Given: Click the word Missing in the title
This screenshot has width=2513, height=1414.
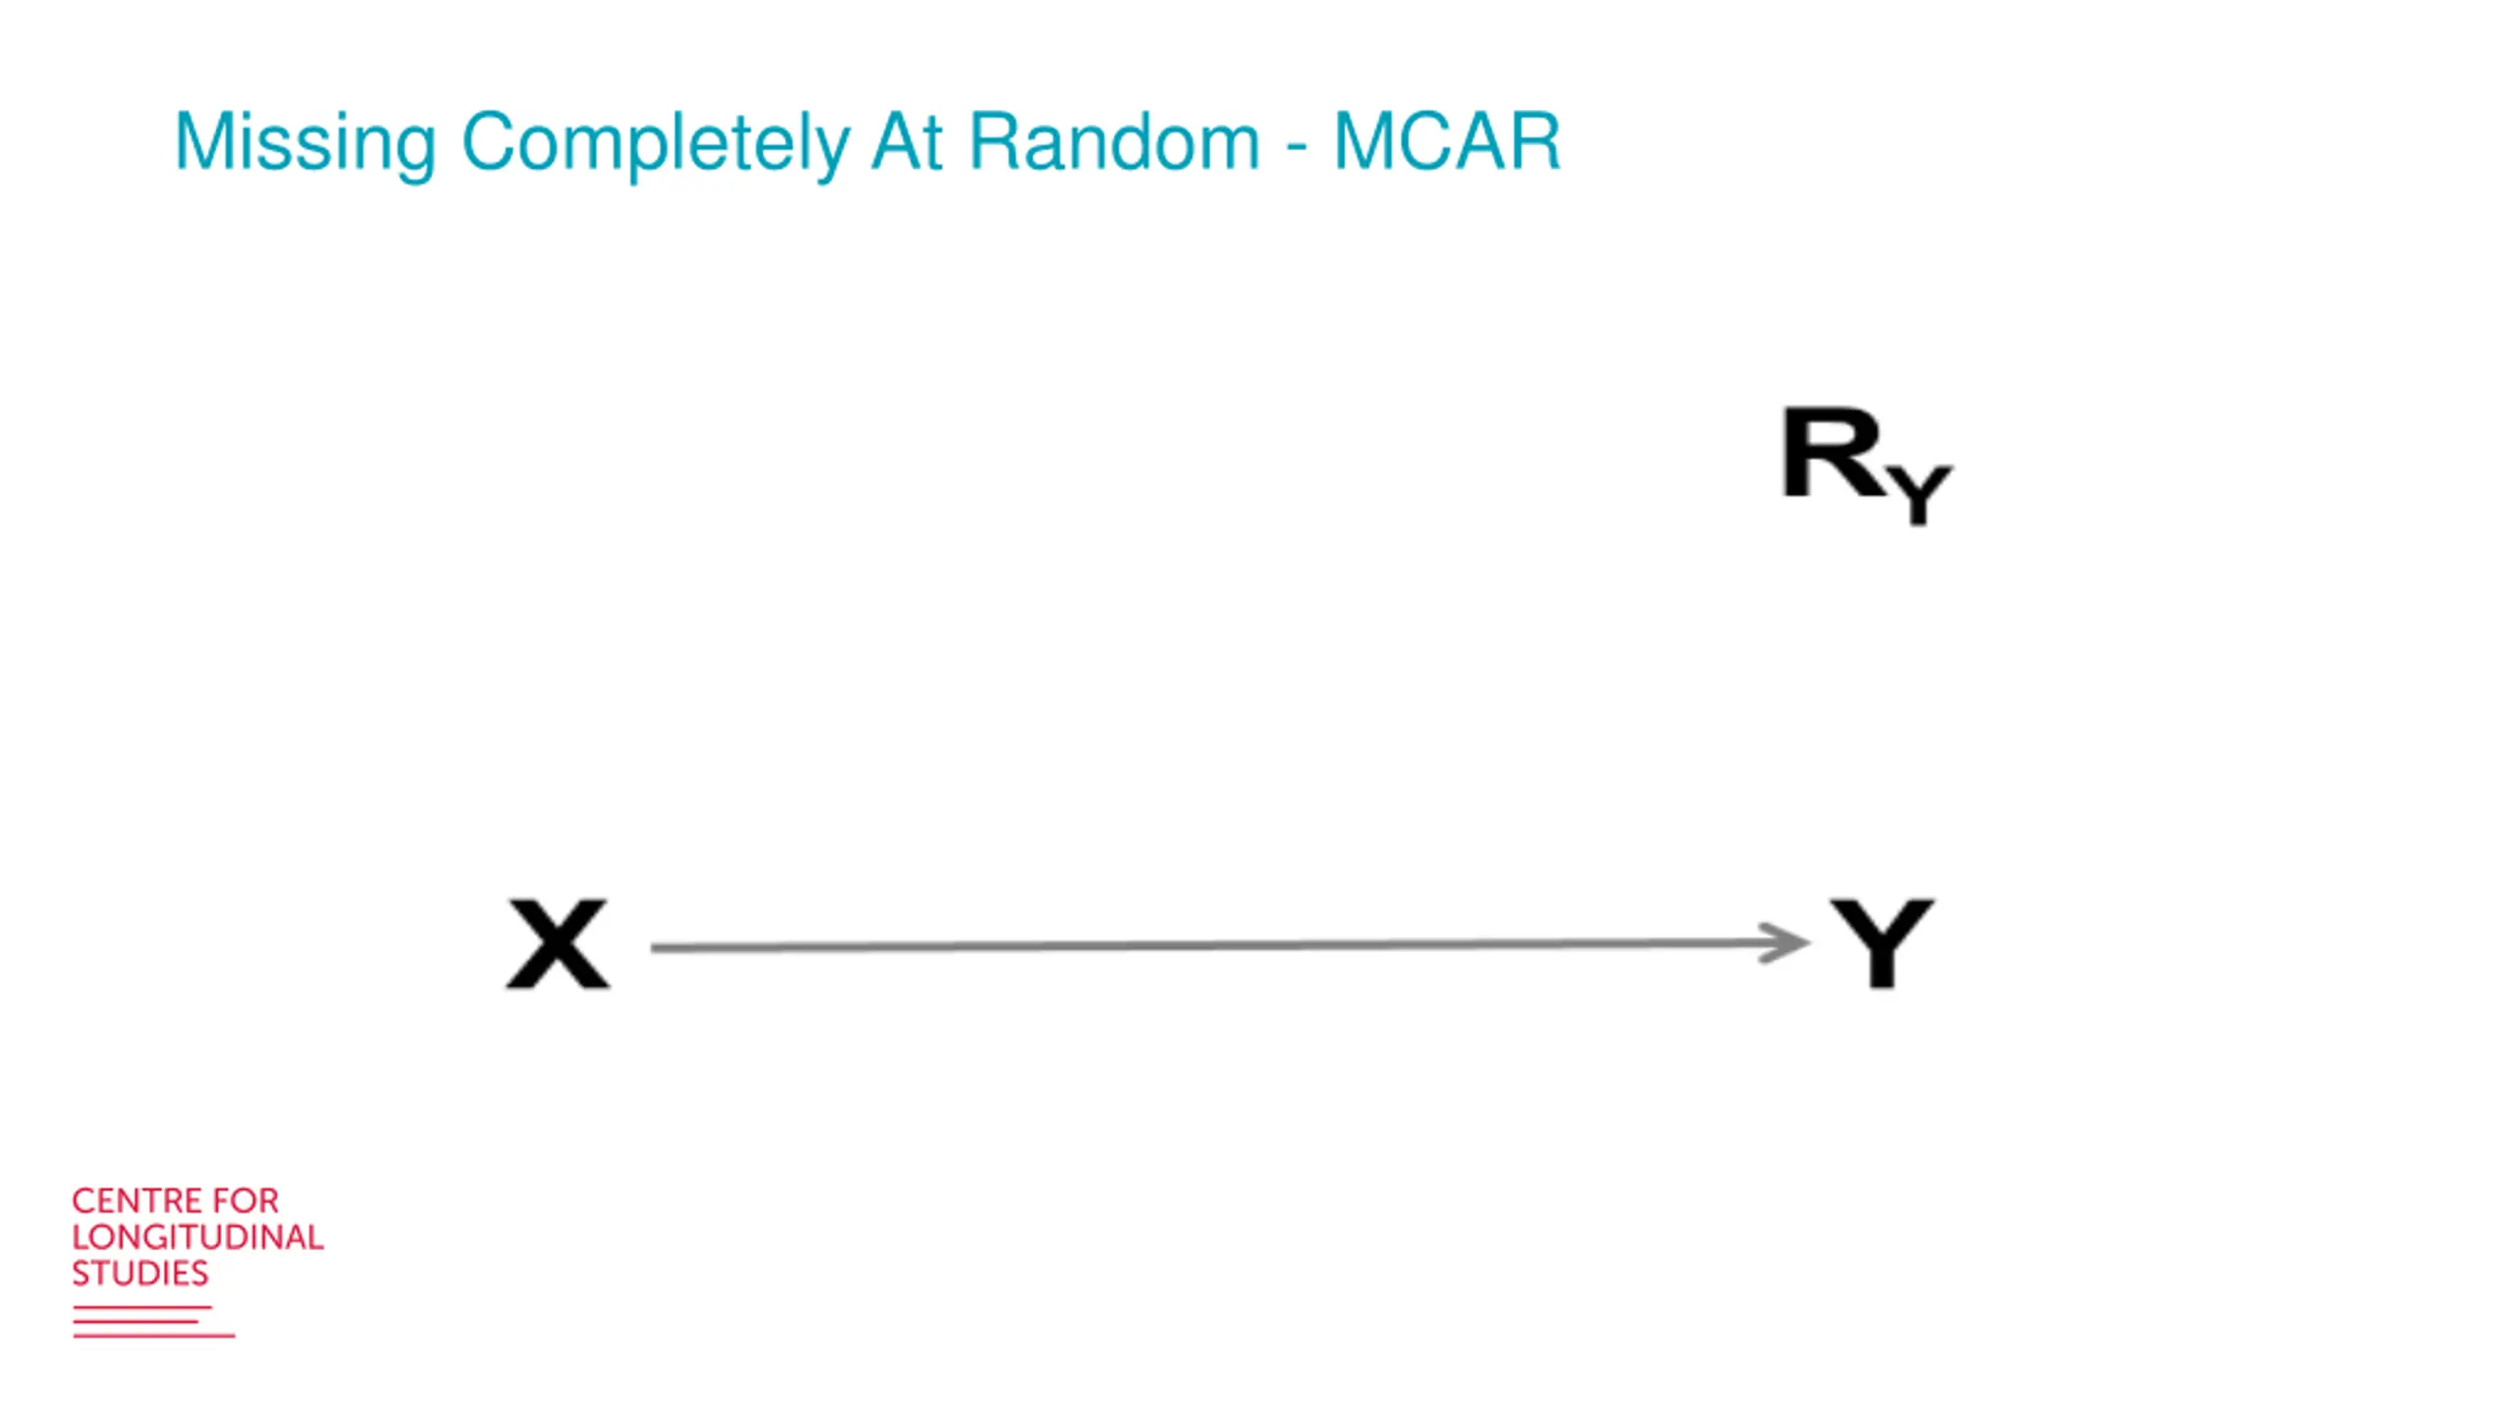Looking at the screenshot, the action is tap(304, 143).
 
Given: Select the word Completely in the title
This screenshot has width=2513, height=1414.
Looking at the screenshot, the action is tap(655, 143).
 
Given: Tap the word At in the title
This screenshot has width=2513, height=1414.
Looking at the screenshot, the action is tap(907, 143).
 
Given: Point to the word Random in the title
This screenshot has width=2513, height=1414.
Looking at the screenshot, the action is tap(1113, 143).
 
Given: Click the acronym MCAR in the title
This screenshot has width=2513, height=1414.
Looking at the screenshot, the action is tap(1446, 143).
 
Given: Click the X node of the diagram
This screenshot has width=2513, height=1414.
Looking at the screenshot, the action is tap(558, 944).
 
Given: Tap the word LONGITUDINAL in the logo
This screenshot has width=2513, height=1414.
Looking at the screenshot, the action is tap(197, 1237).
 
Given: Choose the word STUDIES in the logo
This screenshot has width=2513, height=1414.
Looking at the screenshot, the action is tap(140, 1274).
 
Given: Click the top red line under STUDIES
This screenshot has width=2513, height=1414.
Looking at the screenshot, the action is tap(142, 1307).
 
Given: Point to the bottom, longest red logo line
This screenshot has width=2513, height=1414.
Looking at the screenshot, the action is tap(154, 1335).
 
